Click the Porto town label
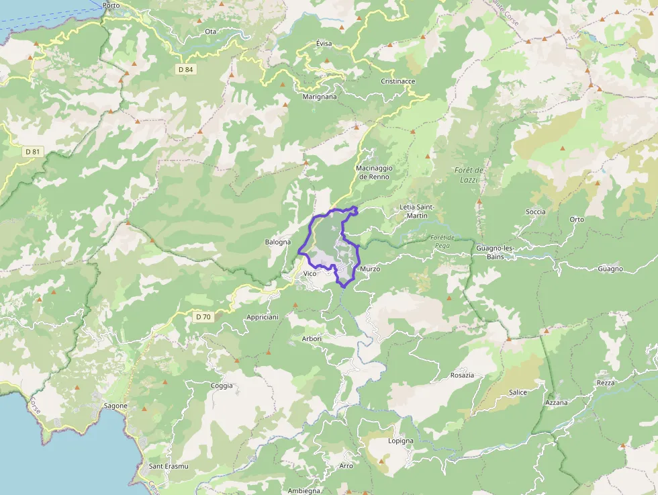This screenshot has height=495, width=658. [x=111, y=5]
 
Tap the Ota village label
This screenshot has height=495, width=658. [x=211, y=32]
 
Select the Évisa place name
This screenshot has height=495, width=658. [x=324, y=44]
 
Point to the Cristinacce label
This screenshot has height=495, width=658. [x=398, y=81]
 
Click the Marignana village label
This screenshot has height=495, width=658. [x=320, y=97]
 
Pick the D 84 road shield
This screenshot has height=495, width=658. [x=186, y=69]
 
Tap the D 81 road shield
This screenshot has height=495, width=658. [x=33, y=152]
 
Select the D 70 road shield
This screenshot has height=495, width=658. [x=203, y=316]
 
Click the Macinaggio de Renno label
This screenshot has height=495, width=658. [x=374, y=173]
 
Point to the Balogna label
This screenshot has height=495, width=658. [x=278, y=242]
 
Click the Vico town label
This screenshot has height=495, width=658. [x=310, y=273]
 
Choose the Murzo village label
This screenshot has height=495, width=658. [x=370, y=269]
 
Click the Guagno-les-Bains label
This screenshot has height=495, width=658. [x=495, y=253]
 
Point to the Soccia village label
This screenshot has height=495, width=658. [x=536, y=212]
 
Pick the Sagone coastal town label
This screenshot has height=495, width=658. [x=115, y=406]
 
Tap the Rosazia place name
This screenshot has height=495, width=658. [x=463, y=375]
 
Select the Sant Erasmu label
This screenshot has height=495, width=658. [x=169, y=466]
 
